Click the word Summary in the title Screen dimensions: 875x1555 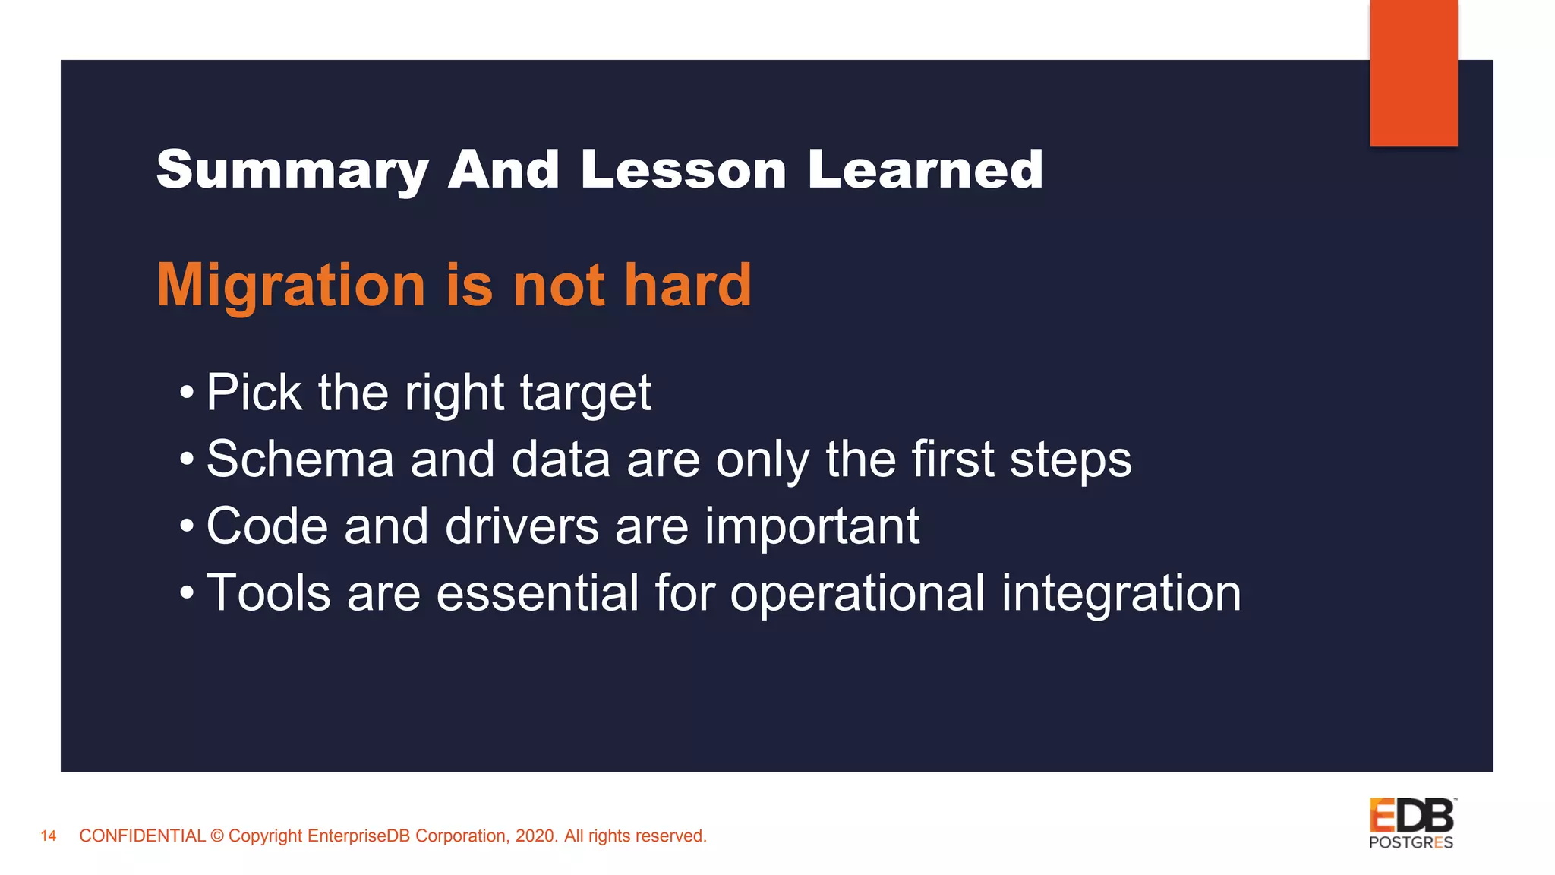coord(292,170)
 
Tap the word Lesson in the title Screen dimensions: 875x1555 coord(683,170)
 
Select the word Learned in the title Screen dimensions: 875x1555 coord(925,170)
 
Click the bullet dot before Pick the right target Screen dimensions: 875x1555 coord(187,394)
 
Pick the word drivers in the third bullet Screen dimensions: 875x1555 coord(521,526)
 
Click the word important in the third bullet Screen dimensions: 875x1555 coord(812,526)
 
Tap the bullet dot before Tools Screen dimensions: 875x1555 coord(187,593)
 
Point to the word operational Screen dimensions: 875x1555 coord(857,593)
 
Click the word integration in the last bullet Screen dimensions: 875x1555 coord(1121,593)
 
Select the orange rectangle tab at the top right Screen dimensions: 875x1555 coord(1413,72)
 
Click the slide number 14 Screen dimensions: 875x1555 coord(49,836)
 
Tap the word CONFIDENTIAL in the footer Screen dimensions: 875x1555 coord(142,836)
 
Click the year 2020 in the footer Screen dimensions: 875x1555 coord(536,836)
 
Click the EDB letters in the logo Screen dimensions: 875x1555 coord(1411,817)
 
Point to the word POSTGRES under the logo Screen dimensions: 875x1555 coord(1411,842)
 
